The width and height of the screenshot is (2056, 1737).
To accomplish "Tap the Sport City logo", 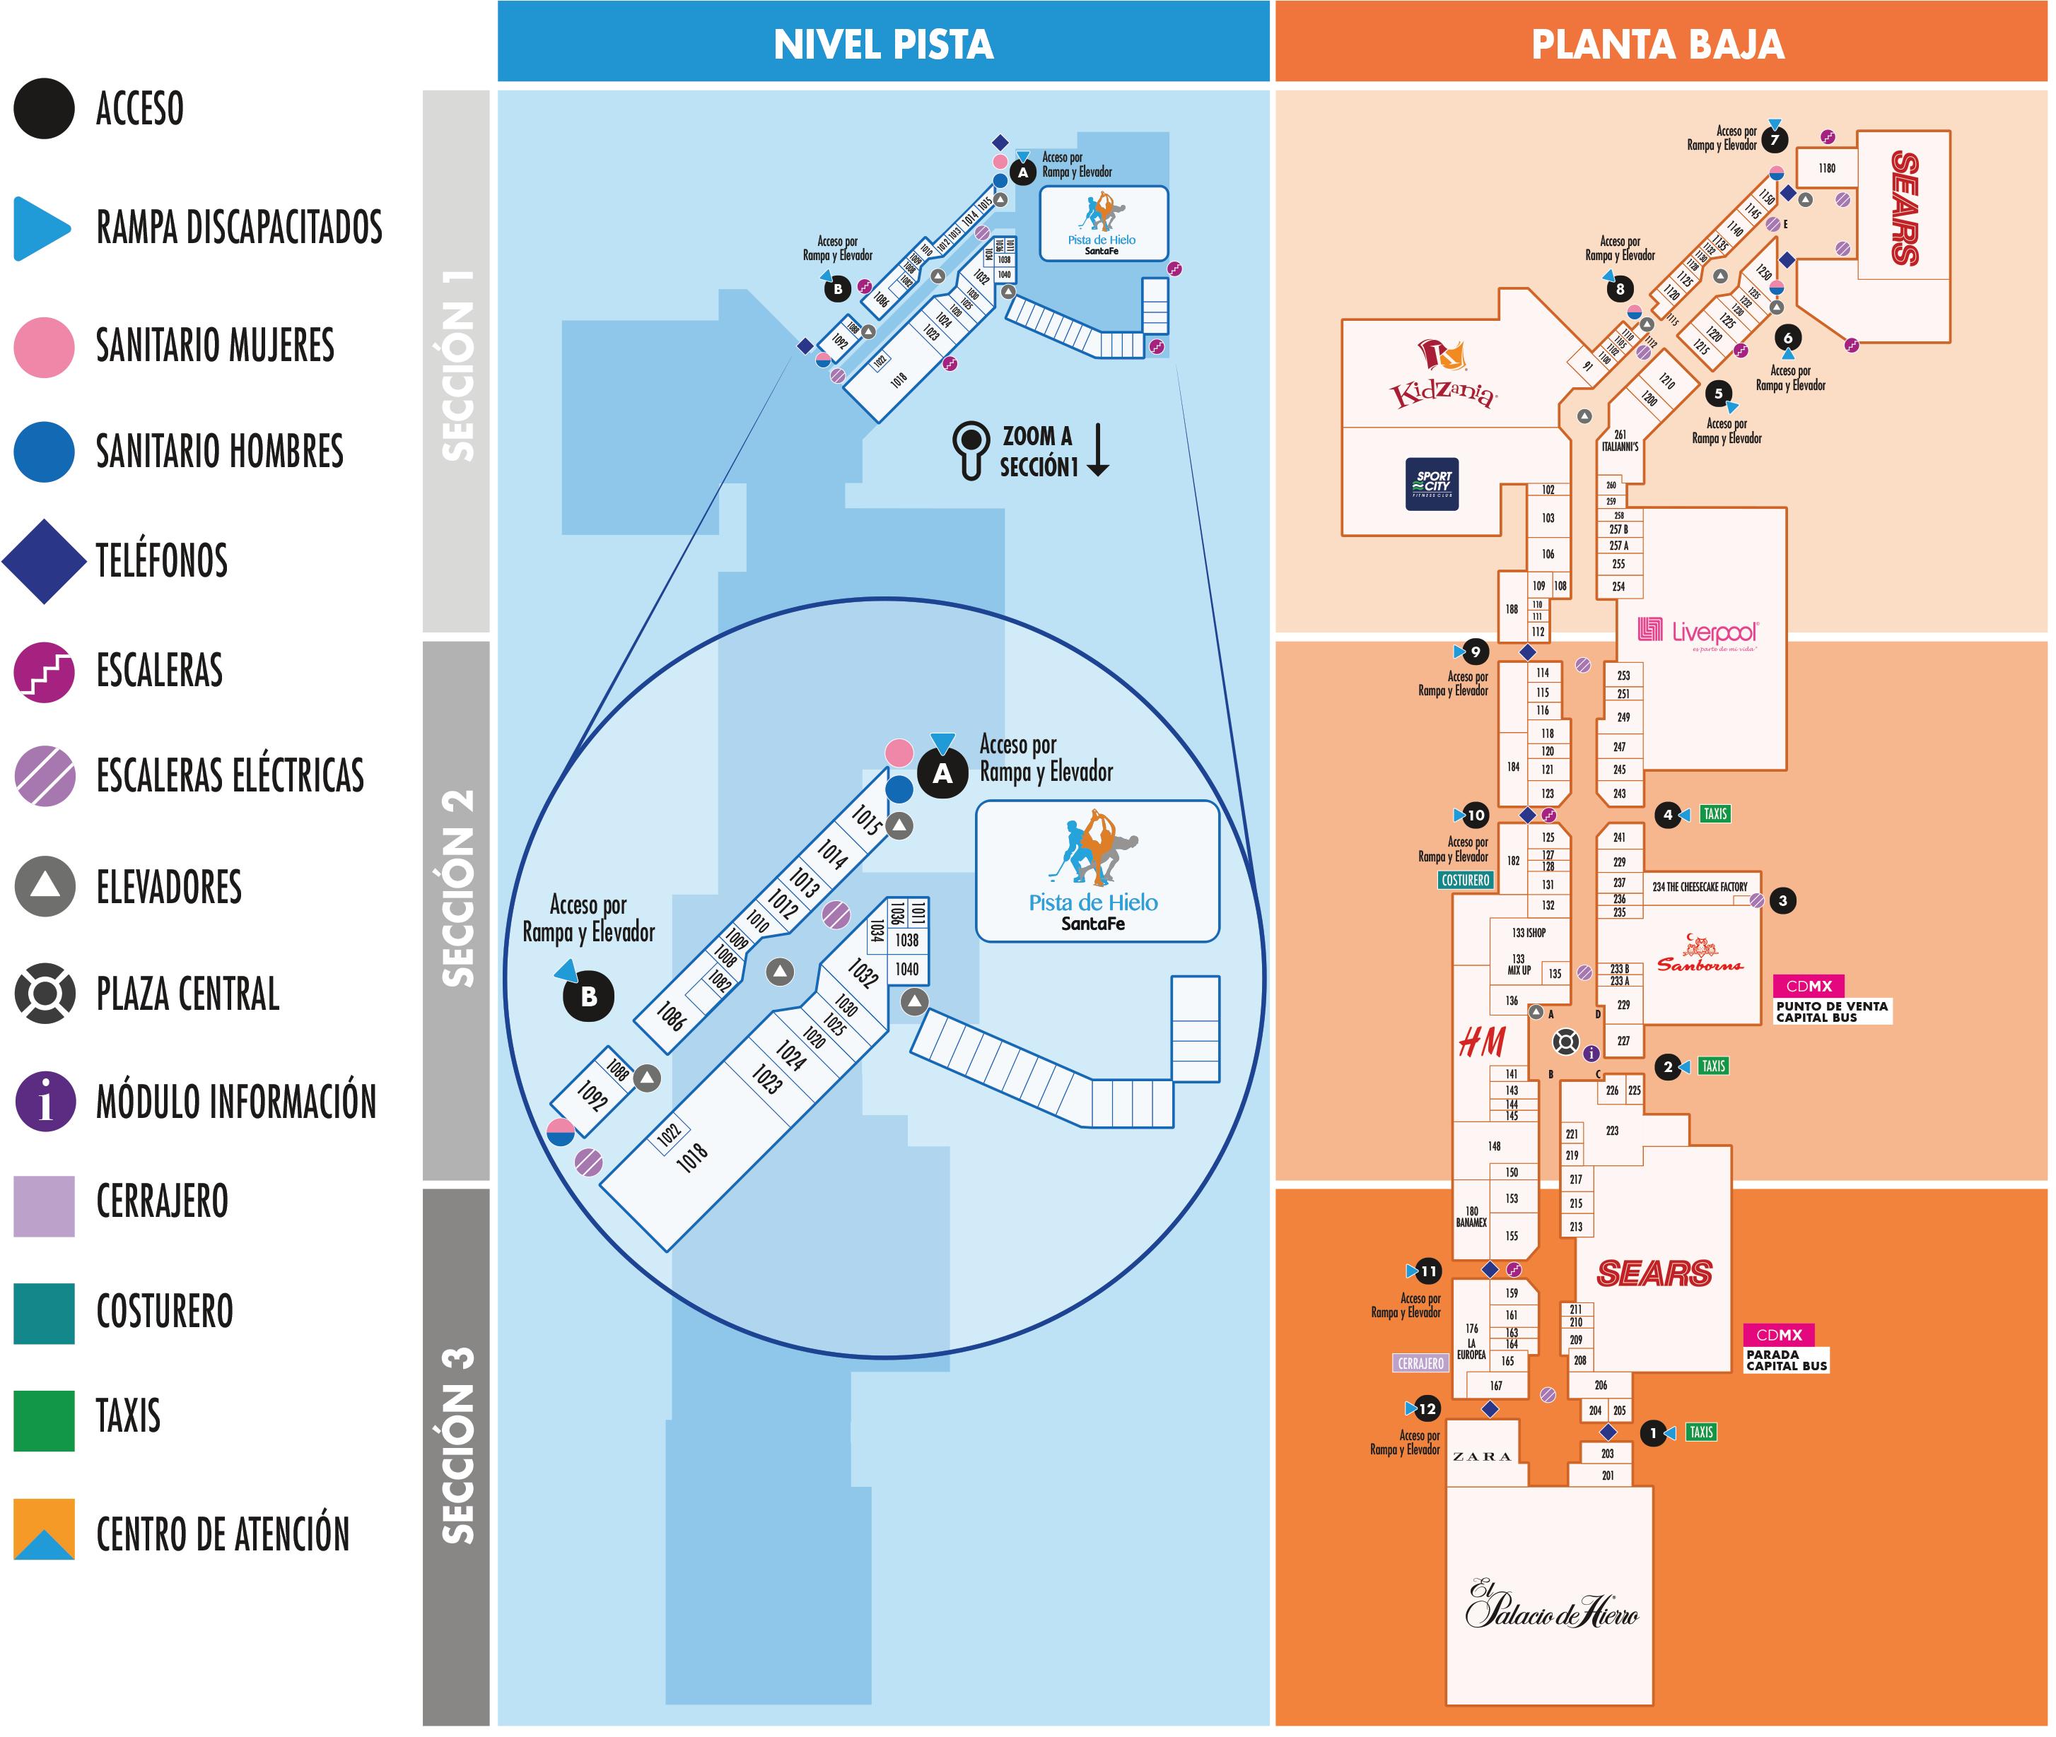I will pyautogui.click(x=1432, y=483).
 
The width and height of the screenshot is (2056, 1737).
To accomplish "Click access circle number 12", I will pyautogui.click(x=1427, y=1409).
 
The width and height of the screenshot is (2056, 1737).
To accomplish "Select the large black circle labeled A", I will pyautogui.click(x=942, y=774).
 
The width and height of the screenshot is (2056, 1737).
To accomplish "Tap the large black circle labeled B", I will pyautogui.click(x=588, y=996).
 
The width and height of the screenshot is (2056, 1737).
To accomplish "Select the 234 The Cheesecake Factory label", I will pyautogui.click(x=1700, y=887).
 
